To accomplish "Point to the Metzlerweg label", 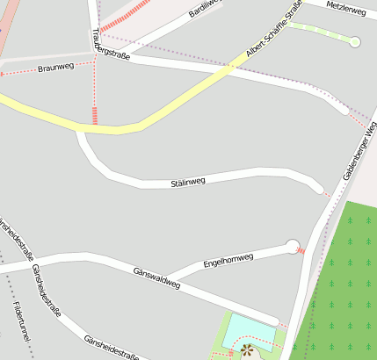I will click(x=345, y=8).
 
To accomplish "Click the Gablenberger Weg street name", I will click(x=359, y=155).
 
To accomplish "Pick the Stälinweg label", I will click(x=187, y=183).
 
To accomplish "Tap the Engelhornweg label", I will click(x=228, y=261).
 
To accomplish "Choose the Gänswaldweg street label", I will click(x=156, y=278).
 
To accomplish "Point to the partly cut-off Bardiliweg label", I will click(x=204, y=10).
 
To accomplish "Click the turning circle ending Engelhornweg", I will click(x=293, y=247).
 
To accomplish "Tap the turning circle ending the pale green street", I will click(x=355, y=41).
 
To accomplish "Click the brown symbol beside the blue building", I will click(x=247, y=350).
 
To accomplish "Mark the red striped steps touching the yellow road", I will click(x=95, y=115).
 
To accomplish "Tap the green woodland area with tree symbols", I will click(x=347, y=281).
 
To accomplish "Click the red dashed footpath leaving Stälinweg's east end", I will click(x=328, y=192).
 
